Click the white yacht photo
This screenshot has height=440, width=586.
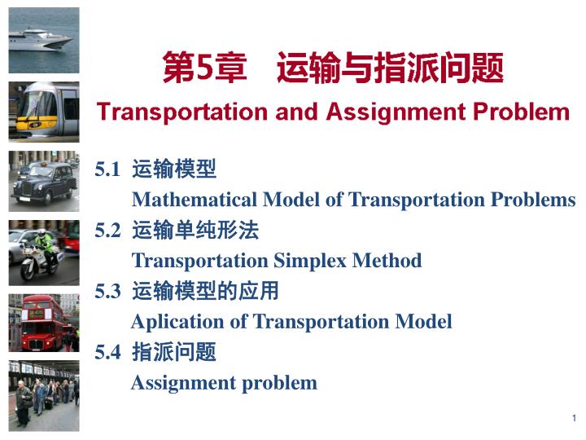43,40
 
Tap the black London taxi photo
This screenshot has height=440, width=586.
43,181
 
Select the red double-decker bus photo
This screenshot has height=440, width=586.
43,324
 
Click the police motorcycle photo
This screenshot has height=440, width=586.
43,253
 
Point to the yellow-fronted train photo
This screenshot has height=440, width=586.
43,112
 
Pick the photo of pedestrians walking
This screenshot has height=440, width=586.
43,395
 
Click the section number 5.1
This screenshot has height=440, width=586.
107,169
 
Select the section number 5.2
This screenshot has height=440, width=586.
107,231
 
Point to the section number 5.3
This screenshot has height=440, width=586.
107,292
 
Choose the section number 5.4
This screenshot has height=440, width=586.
107,352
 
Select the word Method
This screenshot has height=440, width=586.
387,261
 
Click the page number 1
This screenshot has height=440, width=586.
574,419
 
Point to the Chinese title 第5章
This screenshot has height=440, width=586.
203,68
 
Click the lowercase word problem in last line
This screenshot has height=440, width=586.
279,382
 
